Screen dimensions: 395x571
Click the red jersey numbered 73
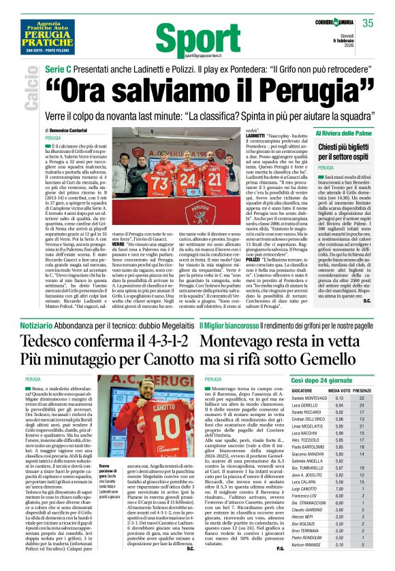(x=160, y=183)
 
